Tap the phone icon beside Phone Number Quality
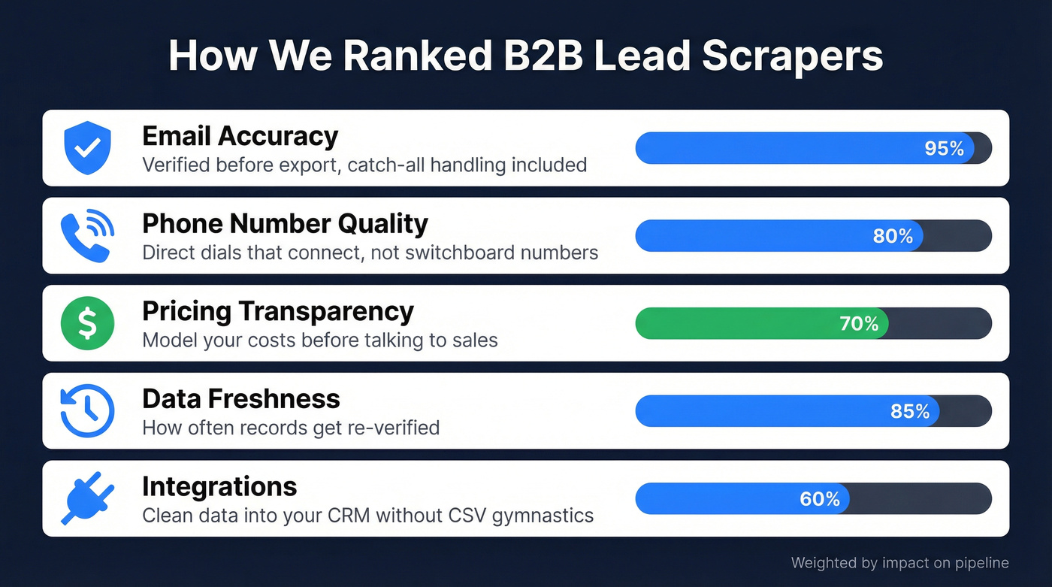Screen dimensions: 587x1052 [87, 235]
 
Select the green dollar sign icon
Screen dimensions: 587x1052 [87, 323]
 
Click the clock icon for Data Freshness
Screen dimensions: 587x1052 [87, 410]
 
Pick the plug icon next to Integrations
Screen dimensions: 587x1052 [87, 498]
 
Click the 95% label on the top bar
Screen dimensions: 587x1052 [944, 149]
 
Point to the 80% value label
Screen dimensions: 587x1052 [893, 236]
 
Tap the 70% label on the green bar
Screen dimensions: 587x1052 [858, 323]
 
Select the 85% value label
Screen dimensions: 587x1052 [909, 411]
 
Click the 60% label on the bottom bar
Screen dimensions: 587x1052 [820, 498]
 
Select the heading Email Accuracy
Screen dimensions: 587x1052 [240, 136]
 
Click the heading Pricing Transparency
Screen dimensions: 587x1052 [277, 311]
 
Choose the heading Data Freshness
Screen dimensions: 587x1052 [240, 398]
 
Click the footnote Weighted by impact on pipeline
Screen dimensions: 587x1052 [899, 563]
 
